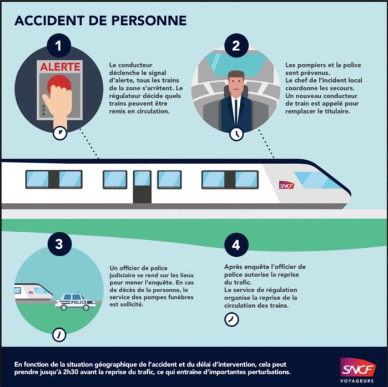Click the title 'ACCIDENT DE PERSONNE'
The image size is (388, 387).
pyautogui.click(x=100, y=21)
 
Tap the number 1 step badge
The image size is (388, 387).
pyautogui.click(x=59, y=46)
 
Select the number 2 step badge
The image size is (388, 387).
pyautogui.click(x=236, y=46)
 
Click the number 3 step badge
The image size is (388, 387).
pyautogui.click(x=59, y=245)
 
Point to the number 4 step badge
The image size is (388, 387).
pyautogui.click(x=236, y=245)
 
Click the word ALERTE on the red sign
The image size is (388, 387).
pyautogui.click(x=59, y=67)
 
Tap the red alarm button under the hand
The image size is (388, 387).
pyautogui.click(x=59, y=84)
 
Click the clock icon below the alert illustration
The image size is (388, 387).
pyautogui.click(x=59, y=133)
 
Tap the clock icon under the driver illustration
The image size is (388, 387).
pyautogui.click(x=236, y=134)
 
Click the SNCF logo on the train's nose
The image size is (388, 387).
pyautogui.click(x=286, y=185)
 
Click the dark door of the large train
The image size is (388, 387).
pyautogui.click(x=142, y=186)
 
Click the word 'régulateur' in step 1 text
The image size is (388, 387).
pyautogui.click(x=128, y=96)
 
